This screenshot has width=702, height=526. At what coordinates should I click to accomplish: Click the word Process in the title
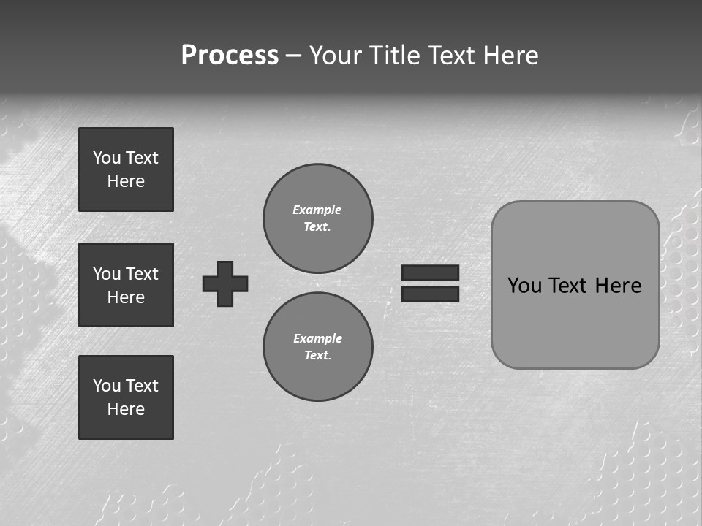[x=230, y=56]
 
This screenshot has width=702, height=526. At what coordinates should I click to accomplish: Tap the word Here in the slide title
[x=510, y=56]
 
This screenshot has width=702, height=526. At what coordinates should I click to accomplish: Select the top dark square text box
[x=126, y=169]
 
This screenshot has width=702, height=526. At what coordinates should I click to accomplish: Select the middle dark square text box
[x=126, y=285]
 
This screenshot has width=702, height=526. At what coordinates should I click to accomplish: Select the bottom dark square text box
[x=126, y=397]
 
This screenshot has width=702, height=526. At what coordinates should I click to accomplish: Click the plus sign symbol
[x=225, y=283]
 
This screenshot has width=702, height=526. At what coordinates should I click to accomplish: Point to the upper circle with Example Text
[x=318, y=218]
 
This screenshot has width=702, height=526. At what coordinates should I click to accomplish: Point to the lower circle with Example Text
[x=318, y=346]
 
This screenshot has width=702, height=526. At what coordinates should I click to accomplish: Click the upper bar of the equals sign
[x=430, y=272]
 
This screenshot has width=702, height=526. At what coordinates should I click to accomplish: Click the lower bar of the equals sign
[x=430, y=294]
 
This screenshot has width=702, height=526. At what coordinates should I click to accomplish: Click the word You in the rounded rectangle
[x=524, y=286]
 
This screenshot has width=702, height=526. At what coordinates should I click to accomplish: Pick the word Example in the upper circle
[x=317, y=210]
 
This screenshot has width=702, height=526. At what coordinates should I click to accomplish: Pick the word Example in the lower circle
[x=317, y=338]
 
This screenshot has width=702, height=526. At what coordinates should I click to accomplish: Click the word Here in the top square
[x=126, y=181]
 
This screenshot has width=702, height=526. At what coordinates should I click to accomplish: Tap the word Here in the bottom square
[x=126, y=409]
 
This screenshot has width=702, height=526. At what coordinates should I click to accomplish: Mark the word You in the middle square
[x=106, y=274]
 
